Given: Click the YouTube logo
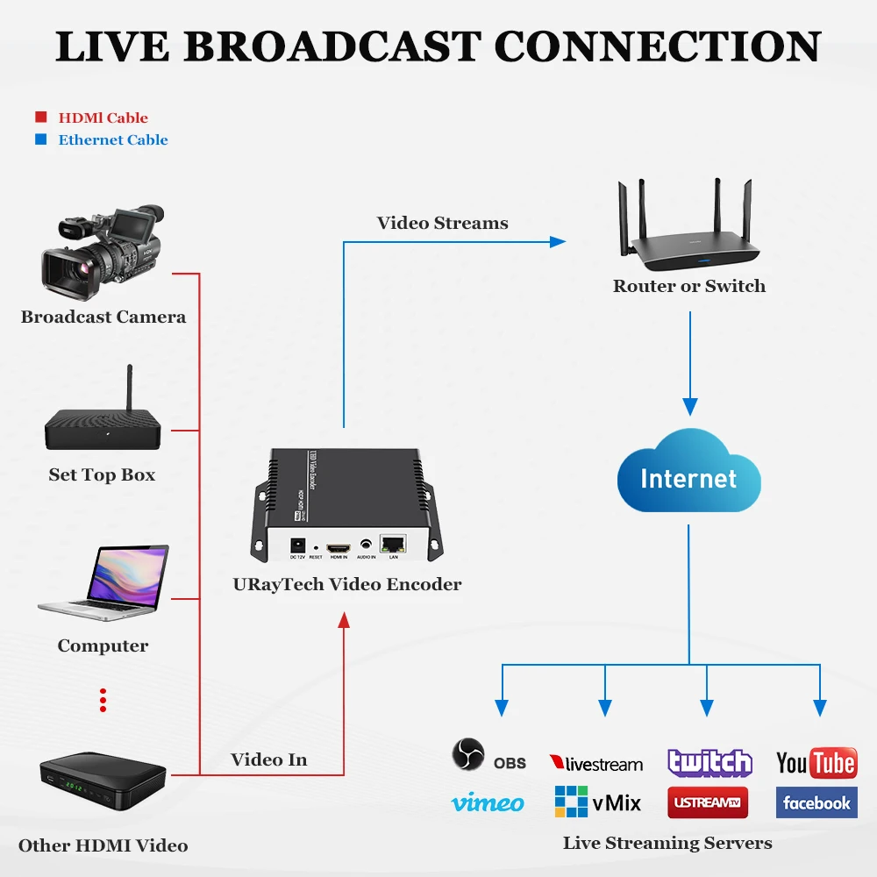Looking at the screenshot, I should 816,763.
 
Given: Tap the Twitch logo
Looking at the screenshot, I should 709,762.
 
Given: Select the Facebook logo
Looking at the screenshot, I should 816,802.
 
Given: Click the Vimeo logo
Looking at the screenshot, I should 488,802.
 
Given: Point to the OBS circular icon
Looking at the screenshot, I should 467,755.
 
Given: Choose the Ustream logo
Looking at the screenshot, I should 709,802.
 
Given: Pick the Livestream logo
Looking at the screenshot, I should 596,764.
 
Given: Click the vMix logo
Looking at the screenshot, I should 597,802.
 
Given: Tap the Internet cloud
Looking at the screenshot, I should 688,478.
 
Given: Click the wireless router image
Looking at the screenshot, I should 688,232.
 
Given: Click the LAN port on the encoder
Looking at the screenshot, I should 392,544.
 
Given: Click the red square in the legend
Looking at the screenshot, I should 40,118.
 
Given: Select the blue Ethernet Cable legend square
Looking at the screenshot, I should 40,139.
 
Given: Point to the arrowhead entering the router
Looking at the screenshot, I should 558,241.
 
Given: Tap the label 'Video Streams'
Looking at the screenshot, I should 442,223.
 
